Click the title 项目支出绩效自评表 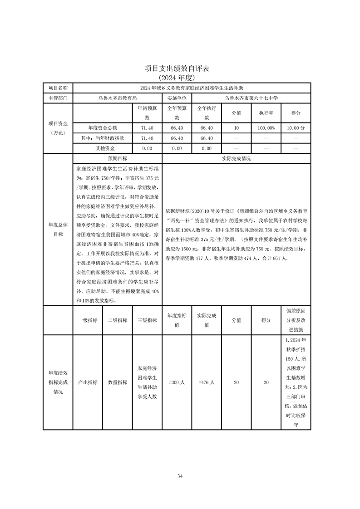[180, 69]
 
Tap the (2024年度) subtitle [180, 78]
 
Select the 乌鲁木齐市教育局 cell [117, 98]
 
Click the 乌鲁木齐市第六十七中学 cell [251, 98]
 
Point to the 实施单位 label [177, 98]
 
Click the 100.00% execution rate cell [266, 128]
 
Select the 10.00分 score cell [296, 128]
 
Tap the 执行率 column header [266, 113]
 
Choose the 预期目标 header [117, 159]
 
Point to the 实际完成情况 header [236, 159]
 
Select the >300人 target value [177, 382]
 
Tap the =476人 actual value [207, 382]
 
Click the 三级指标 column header [147, 320]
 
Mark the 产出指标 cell [88, 382]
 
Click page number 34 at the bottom [180, 476]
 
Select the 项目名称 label [58, 88]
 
